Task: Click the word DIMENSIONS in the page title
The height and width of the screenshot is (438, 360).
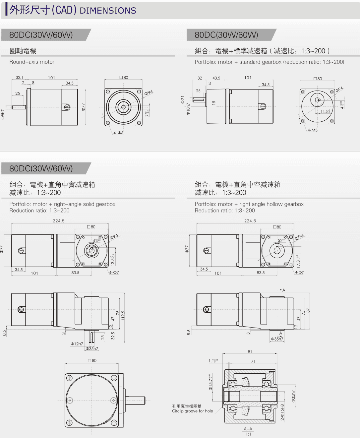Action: click(108, 11)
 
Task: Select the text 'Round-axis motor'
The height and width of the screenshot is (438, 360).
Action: click(32, 62)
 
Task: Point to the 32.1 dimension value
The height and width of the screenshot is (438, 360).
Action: click(20, 78)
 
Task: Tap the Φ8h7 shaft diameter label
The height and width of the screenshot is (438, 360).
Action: click(3, 114)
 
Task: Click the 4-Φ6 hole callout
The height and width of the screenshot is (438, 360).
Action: click(118, 133)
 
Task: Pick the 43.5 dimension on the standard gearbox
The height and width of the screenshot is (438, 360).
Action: click(216, 78)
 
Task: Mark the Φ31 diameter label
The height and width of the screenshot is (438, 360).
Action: click(183, 99)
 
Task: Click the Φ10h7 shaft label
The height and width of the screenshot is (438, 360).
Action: click(188, 109)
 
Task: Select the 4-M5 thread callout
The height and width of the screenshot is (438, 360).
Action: click(312, 130)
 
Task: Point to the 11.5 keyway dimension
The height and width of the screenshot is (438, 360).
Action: click(325, 111)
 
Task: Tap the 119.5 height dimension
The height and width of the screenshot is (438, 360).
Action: click(123, 316)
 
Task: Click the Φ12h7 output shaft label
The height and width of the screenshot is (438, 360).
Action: click(77, 344)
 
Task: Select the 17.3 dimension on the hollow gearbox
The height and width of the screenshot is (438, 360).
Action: click(298, 261)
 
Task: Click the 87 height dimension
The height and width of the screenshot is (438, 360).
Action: click(308, 311)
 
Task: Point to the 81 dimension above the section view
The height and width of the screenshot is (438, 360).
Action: click(250, 351)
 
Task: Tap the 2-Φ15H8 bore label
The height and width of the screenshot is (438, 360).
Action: click(282, 412)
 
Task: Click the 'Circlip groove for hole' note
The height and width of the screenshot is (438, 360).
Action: click(192, 411)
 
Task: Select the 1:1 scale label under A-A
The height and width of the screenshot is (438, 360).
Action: click(248, 434)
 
